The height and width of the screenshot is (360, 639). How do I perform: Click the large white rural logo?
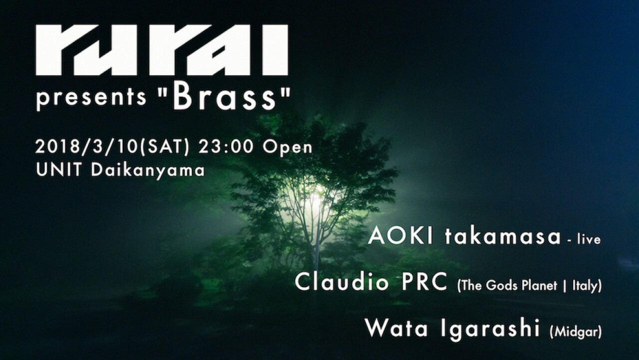(162, 50)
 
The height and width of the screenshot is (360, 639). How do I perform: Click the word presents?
(91, 98)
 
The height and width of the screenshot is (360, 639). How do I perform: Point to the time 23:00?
(226, 147)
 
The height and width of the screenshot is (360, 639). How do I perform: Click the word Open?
(288, 148)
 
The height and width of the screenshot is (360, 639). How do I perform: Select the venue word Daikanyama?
(148, 171)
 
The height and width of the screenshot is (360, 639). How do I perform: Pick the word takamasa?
(503, 237)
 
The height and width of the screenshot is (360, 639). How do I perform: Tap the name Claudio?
(342, 282)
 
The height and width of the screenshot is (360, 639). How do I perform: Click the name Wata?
(397, 328)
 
